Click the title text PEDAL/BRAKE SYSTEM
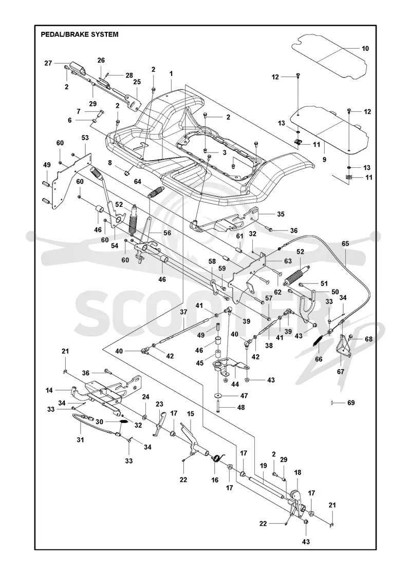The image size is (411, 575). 80,34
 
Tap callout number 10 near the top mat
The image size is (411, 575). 365,48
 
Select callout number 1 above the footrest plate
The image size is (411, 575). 171,73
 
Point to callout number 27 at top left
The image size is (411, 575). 48,63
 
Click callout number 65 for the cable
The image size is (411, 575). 345,243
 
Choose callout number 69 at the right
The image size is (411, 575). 351,403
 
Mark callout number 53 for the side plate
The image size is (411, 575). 85,138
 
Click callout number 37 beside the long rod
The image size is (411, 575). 183,312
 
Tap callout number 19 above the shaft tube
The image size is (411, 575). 264,466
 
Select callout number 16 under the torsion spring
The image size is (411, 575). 215,480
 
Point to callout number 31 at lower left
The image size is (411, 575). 80,439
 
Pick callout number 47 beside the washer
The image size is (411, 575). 244,396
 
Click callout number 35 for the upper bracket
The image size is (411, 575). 281,214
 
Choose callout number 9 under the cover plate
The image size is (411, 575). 324,160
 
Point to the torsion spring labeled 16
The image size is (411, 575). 218,458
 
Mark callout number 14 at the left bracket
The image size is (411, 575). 49,391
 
